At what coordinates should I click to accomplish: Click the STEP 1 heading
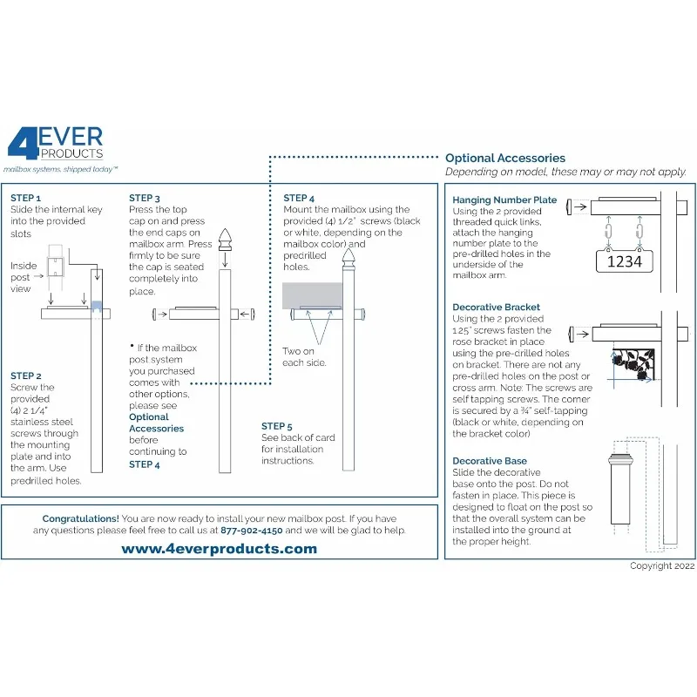(25, 199)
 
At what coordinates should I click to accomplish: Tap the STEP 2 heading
(26, 376)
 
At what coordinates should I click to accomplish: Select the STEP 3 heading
(145, 199)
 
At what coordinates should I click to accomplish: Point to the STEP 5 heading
(277, 426)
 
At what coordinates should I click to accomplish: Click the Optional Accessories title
(505, 159)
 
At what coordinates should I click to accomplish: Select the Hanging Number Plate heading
(504, 200)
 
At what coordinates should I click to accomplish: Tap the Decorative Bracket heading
(497, 308)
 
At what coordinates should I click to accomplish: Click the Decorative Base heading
(490, 461)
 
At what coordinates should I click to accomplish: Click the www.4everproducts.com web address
(219, 549)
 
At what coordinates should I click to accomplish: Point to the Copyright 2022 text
(662, 565)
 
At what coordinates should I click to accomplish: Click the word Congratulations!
(81, 518)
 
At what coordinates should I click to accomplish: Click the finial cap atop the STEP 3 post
(226, 240)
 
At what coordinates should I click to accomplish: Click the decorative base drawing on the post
(619, 488)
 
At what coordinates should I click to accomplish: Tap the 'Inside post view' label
(24, 277)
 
